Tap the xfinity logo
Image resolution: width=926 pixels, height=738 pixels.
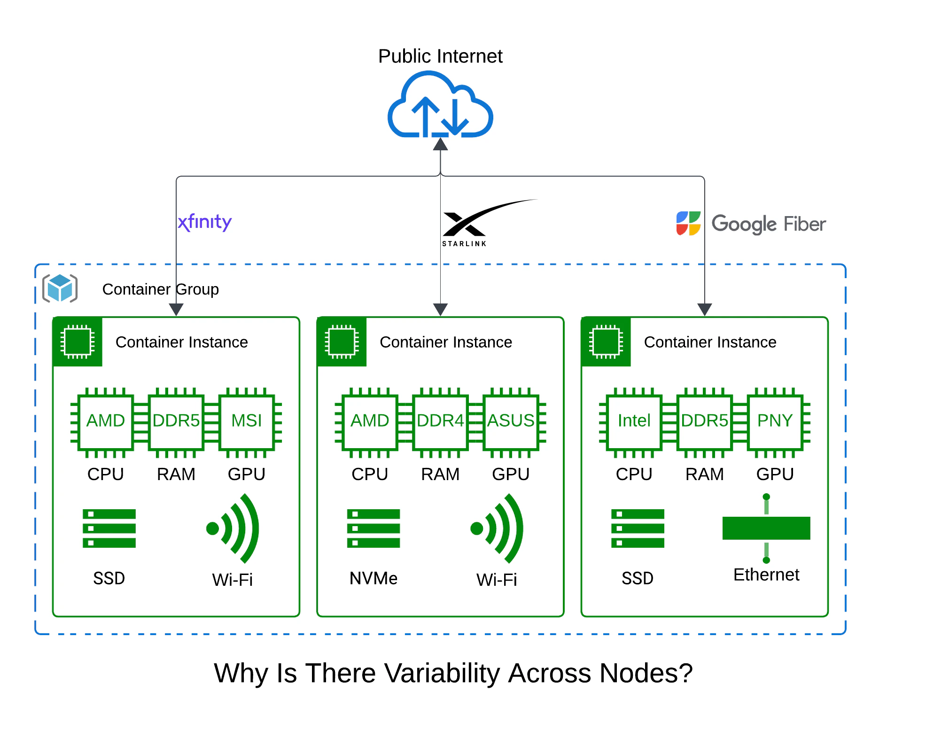pos(205,222)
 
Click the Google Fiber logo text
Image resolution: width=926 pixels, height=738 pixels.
pos(768,224)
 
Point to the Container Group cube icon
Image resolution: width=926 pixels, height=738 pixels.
pos(60,288)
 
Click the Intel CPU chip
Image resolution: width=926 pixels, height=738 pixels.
pos(634,421)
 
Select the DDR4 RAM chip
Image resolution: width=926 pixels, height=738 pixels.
pos(440,421)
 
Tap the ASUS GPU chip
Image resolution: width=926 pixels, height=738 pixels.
pos(511,421)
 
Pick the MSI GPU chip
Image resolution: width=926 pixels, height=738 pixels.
pos(247,421)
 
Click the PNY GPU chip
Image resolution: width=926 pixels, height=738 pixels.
pos(775,421)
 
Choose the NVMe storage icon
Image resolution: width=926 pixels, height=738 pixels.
pos(374,528)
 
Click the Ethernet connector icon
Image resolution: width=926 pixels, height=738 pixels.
pos(766,528)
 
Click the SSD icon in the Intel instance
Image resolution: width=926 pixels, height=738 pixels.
pos(638,528)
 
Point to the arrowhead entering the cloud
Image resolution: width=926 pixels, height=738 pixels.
pos(440,144)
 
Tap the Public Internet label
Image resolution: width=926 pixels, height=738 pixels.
pos(440,56)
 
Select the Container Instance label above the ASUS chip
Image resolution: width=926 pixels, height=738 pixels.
pos(445,342)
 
